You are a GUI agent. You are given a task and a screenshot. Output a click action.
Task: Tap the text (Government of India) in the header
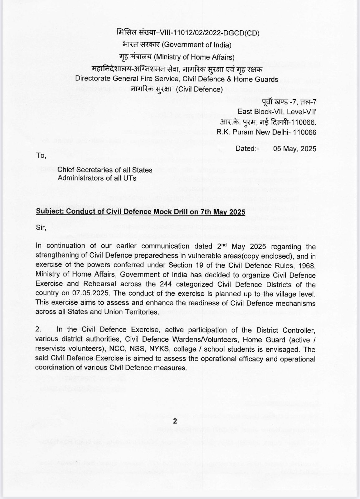click(197, 45)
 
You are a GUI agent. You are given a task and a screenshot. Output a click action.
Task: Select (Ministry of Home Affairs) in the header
click(195, 57)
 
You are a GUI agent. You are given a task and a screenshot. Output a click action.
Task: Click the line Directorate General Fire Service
click(177, 79)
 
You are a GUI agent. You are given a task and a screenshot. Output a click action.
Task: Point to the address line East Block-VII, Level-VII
click(277, 111)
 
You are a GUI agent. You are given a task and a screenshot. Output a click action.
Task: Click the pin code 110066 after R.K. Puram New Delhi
click(304, 132)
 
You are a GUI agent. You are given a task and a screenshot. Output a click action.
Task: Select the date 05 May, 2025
click(294, 148)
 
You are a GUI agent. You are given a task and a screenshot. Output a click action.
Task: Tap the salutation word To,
click(41, 155)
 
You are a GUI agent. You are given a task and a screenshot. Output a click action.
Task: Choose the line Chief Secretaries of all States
click(105, 170)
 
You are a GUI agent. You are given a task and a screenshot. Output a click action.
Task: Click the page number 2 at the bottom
click(175, 421)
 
